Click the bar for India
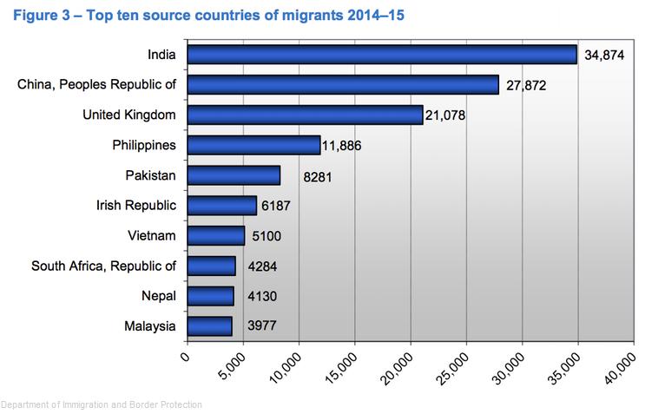pos(382,55)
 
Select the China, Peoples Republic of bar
pos(343,84)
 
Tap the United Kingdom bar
pos(305,115)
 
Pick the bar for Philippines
pos(253,145)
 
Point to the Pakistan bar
pos(234,175)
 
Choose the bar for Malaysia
pos(209,325)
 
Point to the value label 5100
pos(265,236)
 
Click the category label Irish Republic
pos(136,206)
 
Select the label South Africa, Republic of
pos(103,266)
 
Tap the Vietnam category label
pos(151,235)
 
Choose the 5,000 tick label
pos(232,371)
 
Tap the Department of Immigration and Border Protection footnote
pos(102,404)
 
